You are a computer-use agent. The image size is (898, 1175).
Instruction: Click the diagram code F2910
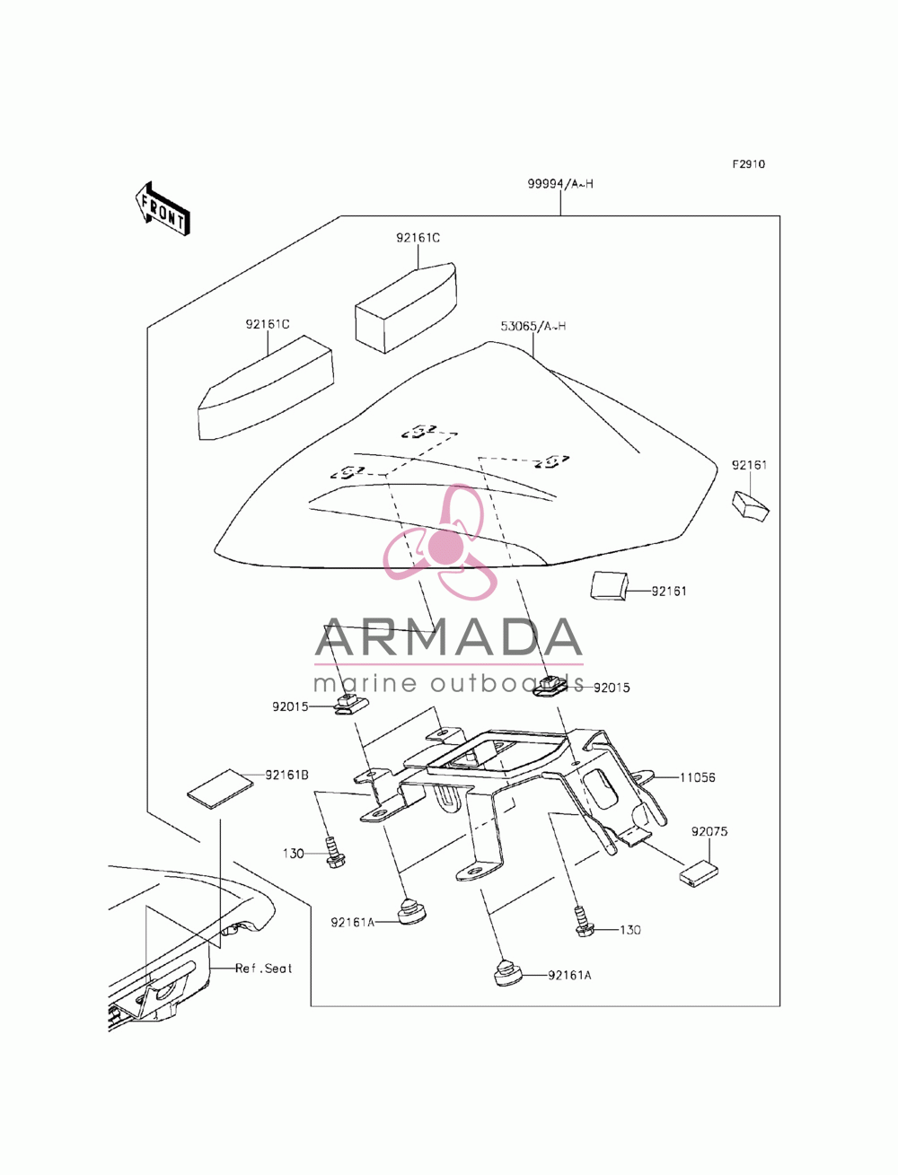[748, 164]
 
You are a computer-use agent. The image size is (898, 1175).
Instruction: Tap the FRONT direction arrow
[162, 209]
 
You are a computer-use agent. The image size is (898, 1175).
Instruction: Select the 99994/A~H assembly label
[560, 184]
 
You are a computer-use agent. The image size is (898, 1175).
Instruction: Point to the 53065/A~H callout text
[533, 326]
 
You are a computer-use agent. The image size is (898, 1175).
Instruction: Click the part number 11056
[697, 777]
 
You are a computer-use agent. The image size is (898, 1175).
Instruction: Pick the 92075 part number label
[709, 831]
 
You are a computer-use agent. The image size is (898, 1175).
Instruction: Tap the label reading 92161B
[286, 775]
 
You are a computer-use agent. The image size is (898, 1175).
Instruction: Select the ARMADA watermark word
[448, 637]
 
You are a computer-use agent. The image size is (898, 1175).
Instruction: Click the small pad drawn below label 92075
[699, 872]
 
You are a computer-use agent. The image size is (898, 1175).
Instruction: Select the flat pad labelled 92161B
[219, 788]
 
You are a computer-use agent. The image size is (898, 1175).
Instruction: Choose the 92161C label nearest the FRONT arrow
[268, 324]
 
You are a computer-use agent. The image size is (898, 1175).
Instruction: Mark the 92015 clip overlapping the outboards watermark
[551, 687]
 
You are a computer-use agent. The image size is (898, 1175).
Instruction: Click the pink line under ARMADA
[448, 664]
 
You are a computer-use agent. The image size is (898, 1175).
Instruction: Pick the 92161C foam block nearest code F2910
[405, 307]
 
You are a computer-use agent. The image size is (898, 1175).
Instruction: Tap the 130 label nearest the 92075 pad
[629, 930]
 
